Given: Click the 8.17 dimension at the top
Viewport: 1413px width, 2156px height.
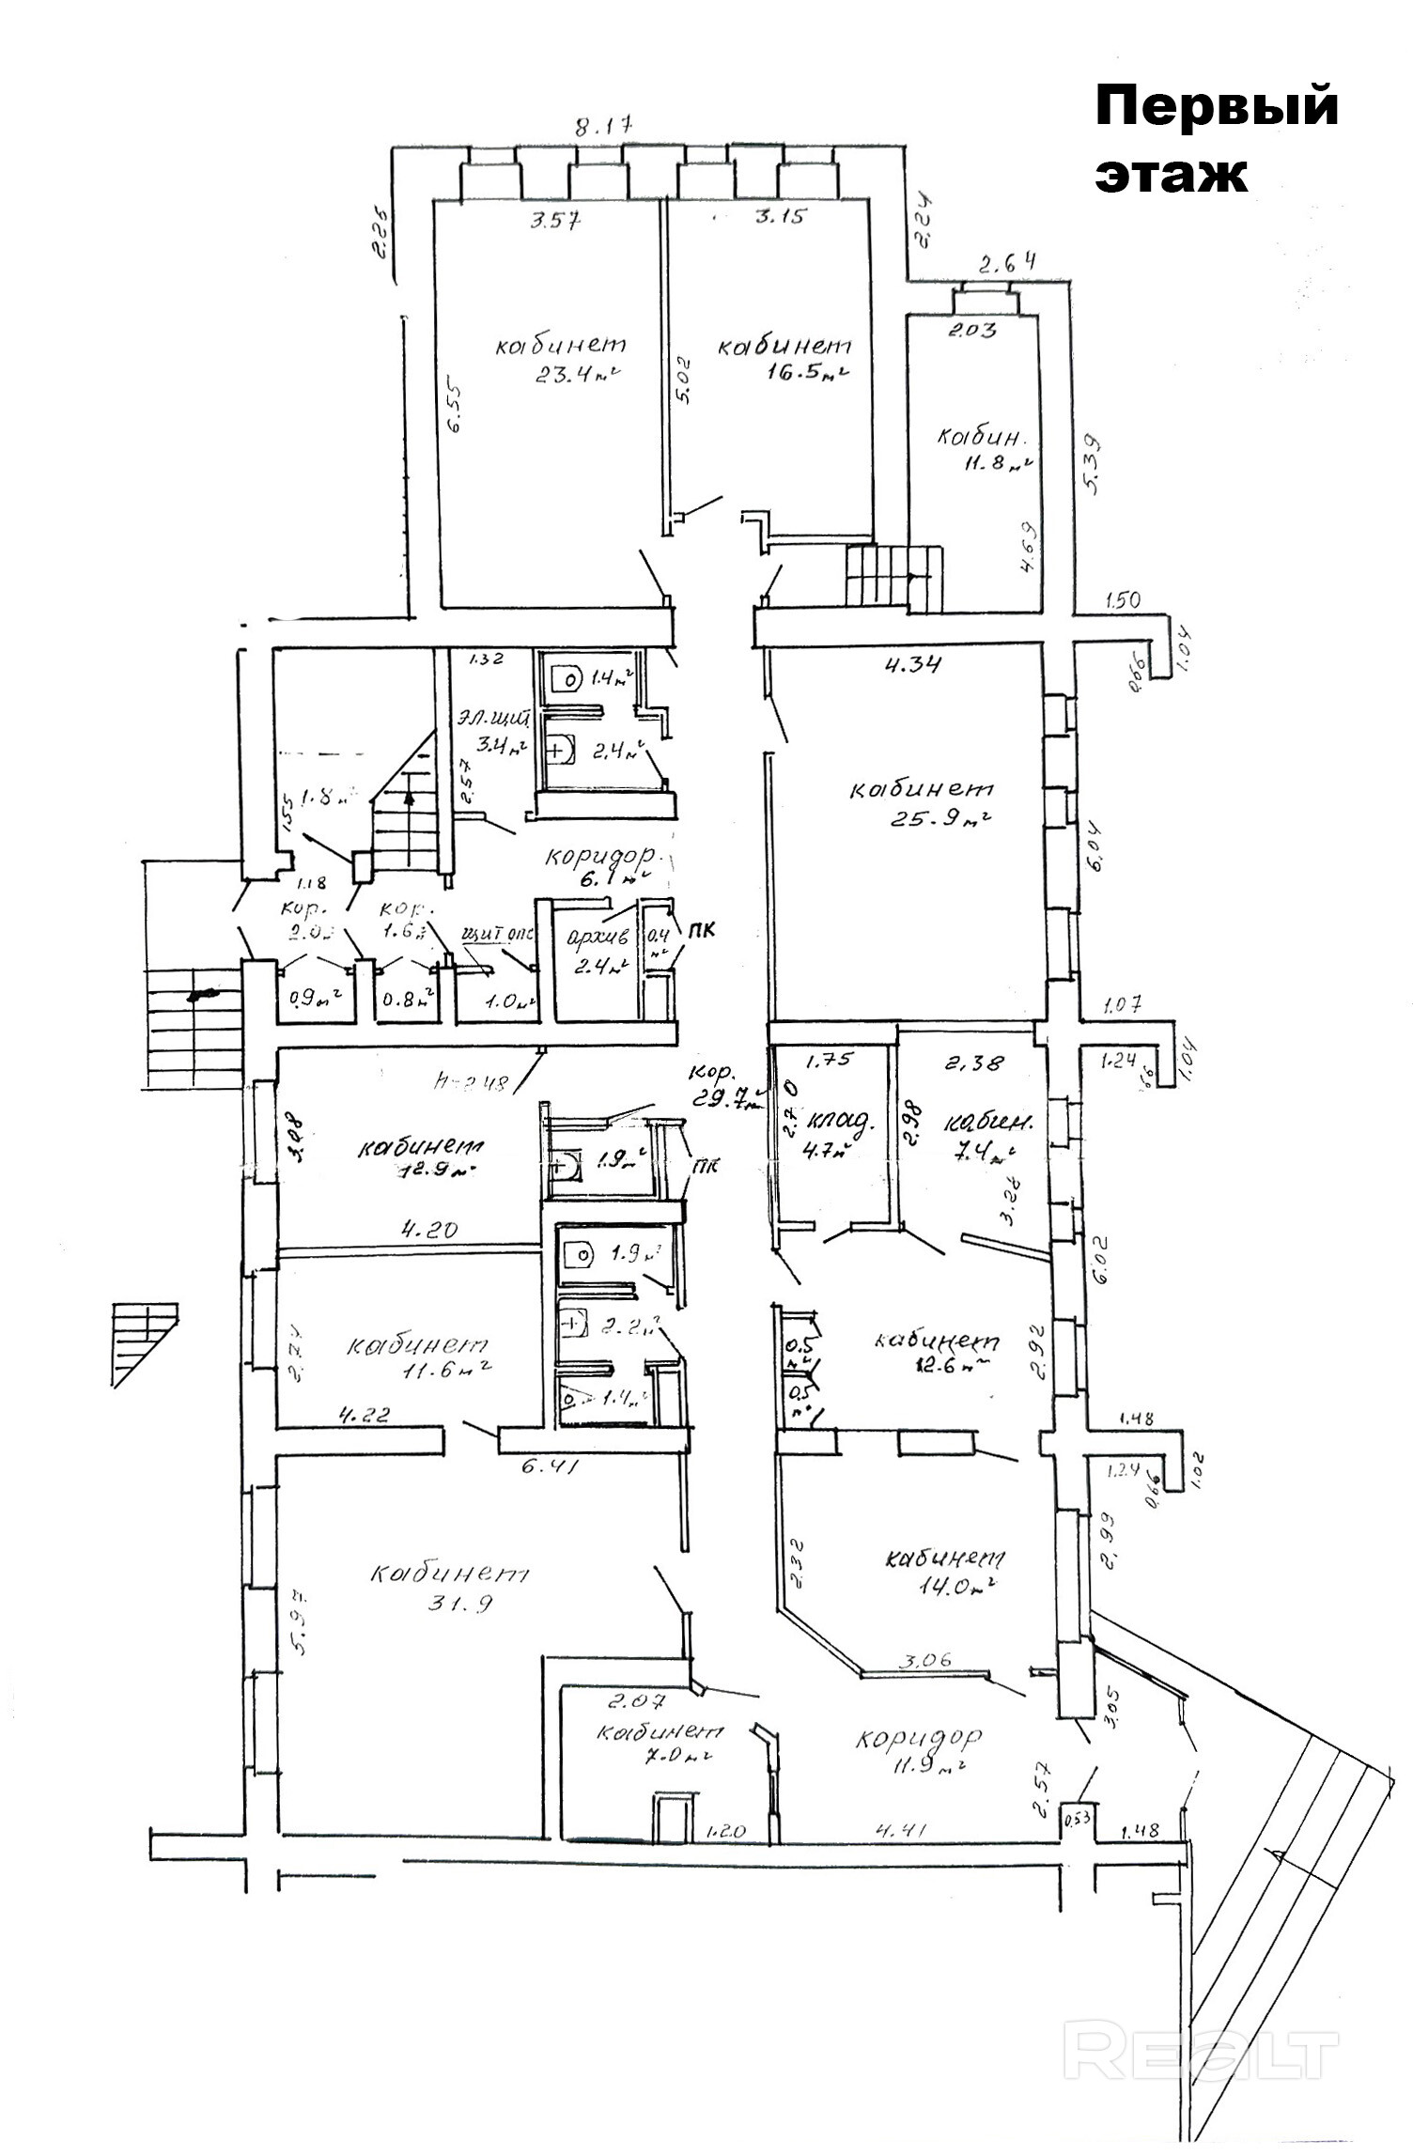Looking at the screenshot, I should click(605, 126).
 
